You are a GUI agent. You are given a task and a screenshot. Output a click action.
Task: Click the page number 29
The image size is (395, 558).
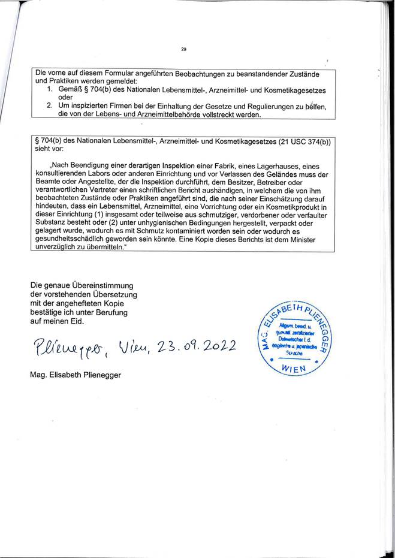point(183,49)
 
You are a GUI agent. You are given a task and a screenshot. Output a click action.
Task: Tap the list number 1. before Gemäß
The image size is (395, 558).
point(50,88)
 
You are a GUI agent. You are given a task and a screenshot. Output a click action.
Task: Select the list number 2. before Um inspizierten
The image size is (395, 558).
point(50,106)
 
